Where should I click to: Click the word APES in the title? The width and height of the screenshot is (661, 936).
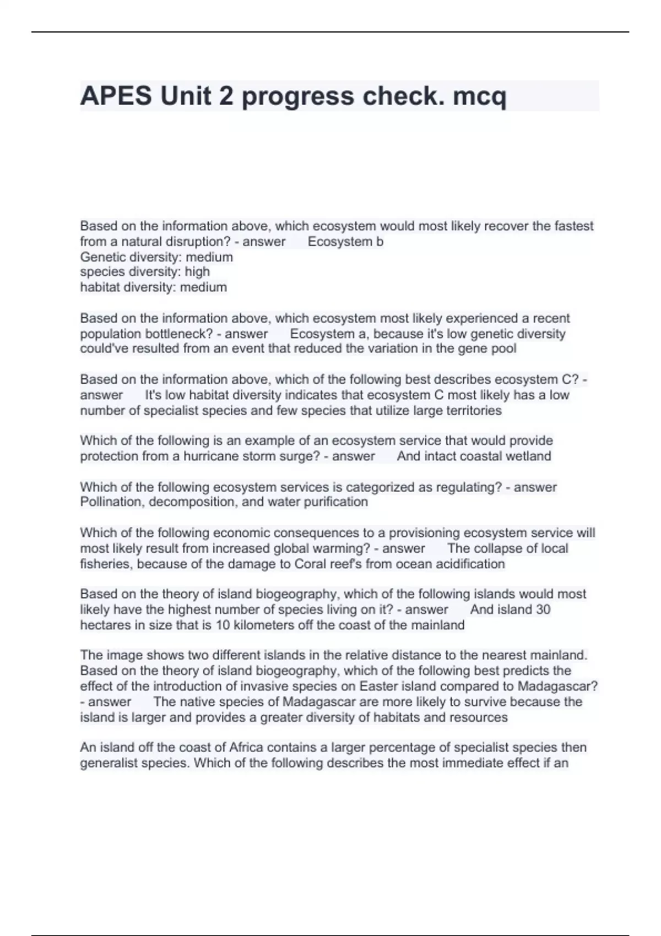(x=116, y=96)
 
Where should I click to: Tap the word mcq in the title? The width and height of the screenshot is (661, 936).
(x=479, y=96)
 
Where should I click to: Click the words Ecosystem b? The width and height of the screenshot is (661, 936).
(x=345, y=242)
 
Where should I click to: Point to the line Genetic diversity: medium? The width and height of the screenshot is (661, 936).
(x=156, y=257)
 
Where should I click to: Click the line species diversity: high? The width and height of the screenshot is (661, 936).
(x=145, y=272)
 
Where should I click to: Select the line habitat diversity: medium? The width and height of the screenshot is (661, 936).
(x=153, y=287)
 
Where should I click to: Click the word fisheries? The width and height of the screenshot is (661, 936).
(x=106, y=564)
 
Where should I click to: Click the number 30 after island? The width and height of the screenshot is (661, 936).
(x=543, y=610)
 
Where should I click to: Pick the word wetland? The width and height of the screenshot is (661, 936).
(x=529, y=456)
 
